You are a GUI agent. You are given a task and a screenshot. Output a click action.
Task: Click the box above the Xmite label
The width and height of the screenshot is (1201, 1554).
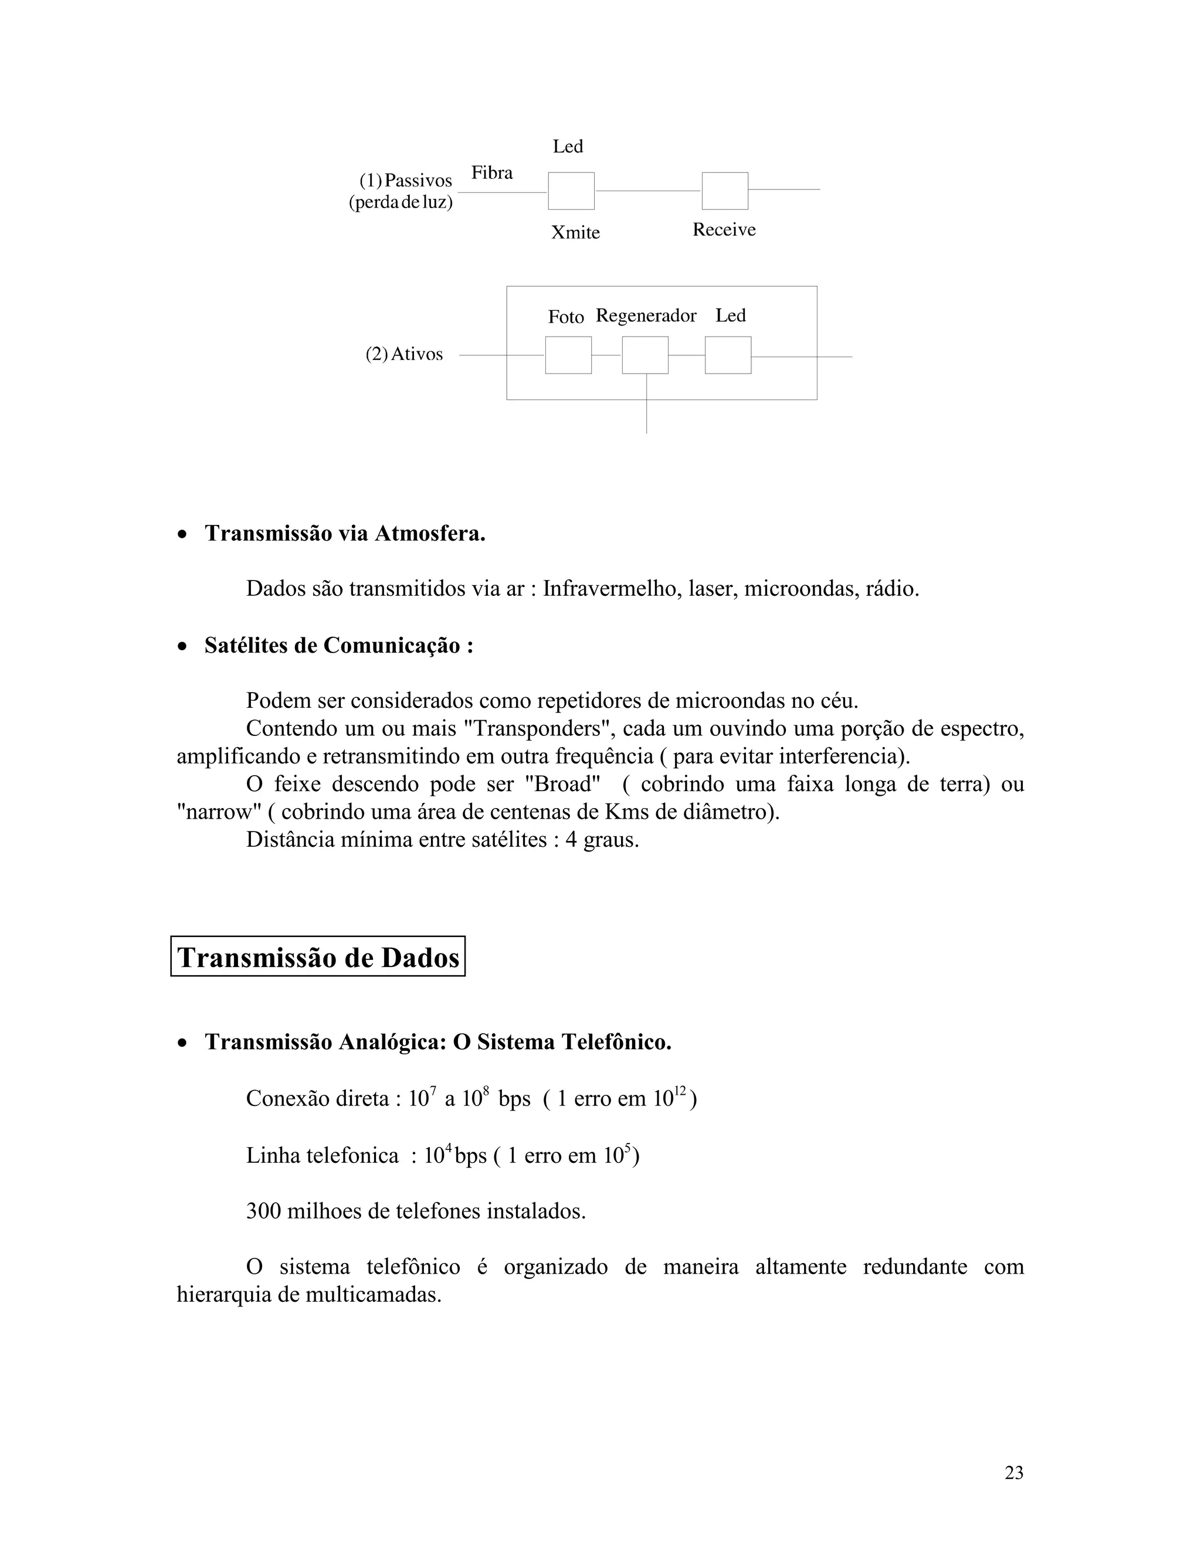[571, 191]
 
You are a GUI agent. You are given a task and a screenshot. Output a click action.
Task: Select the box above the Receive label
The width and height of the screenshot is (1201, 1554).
[724, 191]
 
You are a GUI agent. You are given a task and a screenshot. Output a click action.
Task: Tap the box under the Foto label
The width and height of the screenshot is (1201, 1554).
[568, 355]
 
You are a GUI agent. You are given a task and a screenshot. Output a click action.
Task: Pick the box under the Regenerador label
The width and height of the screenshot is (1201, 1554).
[644, 355]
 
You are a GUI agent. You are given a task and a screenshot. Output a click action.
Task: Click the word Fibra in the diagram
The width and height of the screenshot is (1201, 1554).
[491, 173]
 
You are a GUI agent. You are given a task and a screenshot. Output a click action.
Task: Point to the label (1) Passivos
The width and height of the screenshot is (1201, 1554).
[406, 181]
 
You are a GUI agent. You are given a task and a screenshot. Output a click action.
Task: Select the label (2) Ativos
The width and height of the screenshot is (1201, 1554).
[404, 354]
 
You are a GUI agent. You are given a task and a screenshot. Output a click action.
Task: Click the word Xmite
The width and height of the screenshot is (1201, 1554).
[575, 233]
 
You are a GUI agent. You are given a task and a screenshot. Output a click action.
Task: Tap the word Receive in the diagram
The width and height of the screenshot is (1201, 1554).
[724, 230]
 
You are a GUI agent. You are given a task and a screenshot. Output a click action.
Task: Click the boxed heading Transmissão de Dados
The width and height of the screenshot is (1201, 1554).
[318, 958]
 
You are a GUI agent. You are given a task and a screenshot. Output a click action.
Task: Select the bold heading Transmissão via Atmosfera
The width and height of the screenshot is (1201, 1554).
[345, 533]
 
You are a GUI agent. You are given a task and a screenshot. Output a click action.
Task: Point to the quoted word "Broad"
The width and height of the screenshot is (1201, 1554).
[561, 784]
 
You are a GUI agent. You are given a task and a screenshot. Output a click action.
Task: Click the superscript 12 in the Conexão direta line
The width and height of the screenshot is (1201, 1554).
[680, 1090]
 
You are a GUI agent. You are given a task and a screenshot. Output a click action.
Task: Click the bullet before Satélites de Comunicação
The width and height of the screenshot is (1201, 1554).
[184, 647]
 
